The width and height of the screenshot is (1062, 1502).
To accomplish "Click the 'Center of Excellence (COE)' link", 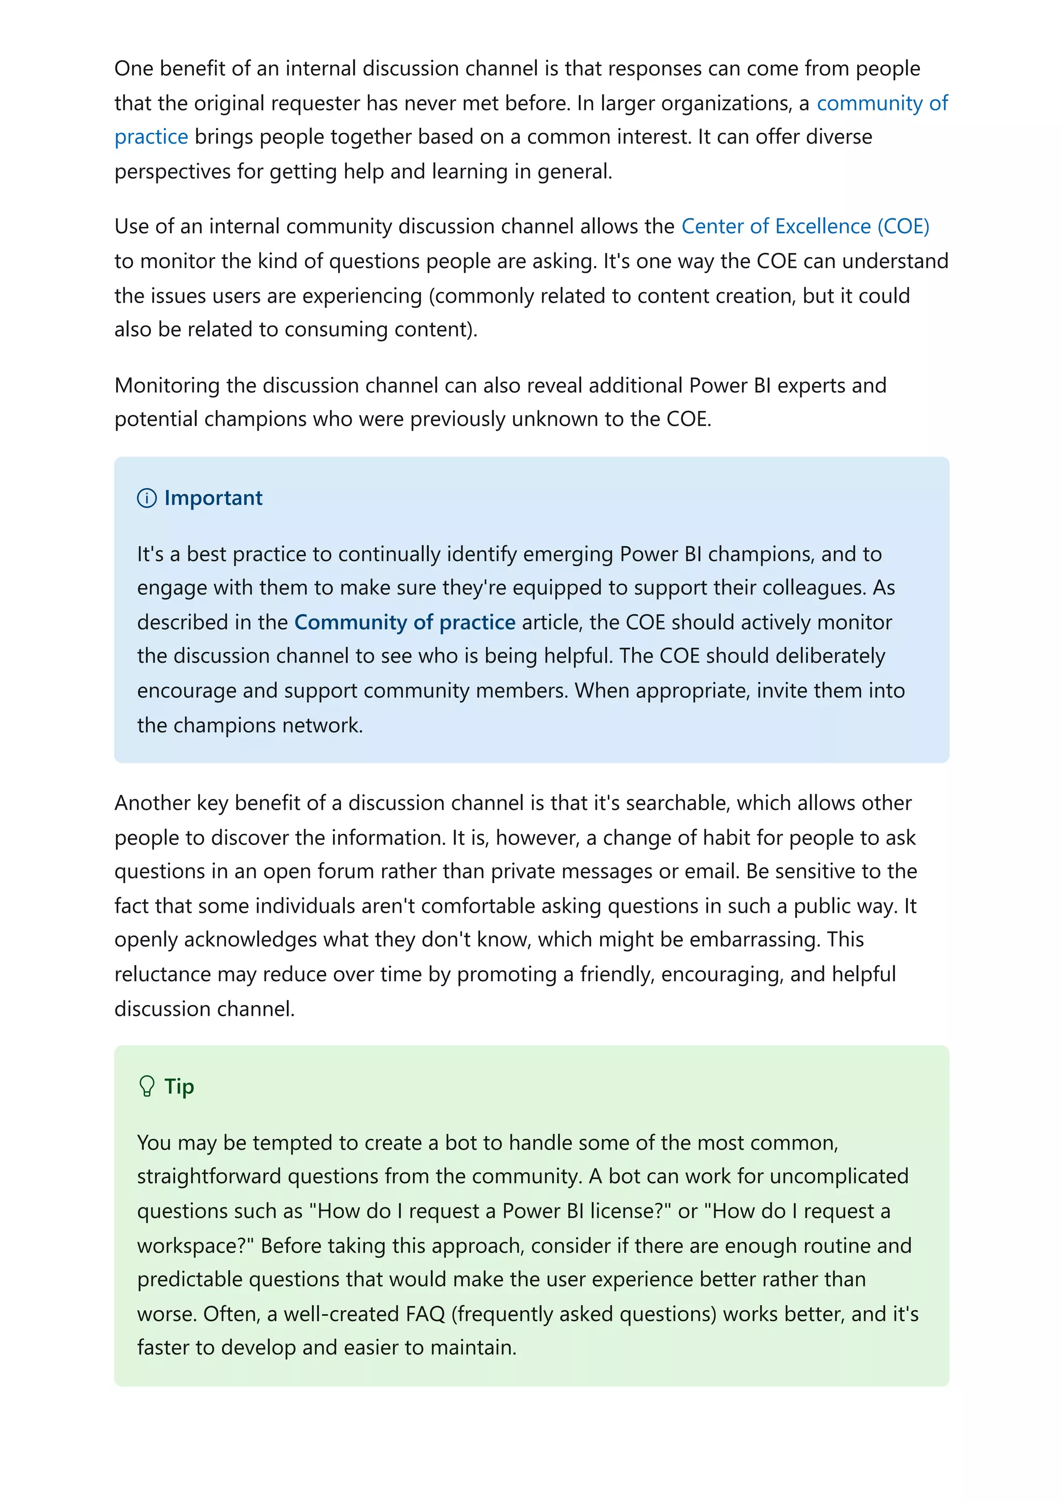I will coord(805,226).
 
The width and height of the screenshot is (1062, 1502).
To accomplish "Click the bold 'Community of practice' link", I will coord(404,622).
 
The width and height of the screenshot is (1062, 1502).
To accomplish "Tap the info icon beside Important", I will coord(147,499).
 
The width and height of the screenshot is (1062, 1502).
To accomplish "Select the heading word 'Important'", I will coord(213,499).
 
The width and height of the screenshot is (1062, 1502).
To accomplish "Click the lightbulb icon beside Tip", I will coord(147,1087).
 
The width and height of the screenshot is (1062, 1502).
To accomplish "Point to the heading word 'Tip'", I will coord(178,1087).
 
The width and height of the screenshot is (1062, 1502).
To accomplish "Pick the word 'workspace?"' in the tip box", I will coord(195,1245).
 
